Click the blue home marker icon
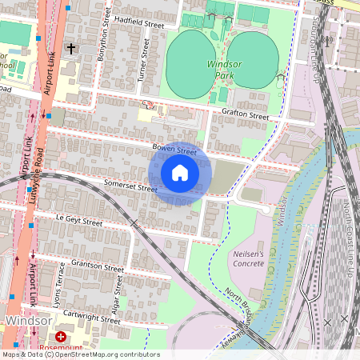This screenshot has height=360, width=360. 180,172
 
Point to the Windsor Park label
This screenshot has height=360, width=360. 224,67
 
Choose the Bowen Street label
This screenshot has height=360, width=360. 174,150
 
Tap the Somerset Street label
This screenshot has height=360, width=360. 130,186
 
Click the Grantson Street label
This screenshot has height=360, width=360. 98,266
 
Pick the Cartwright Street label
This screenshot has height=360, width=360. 92,318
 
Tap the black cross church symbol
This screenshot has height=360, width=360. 70,50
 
